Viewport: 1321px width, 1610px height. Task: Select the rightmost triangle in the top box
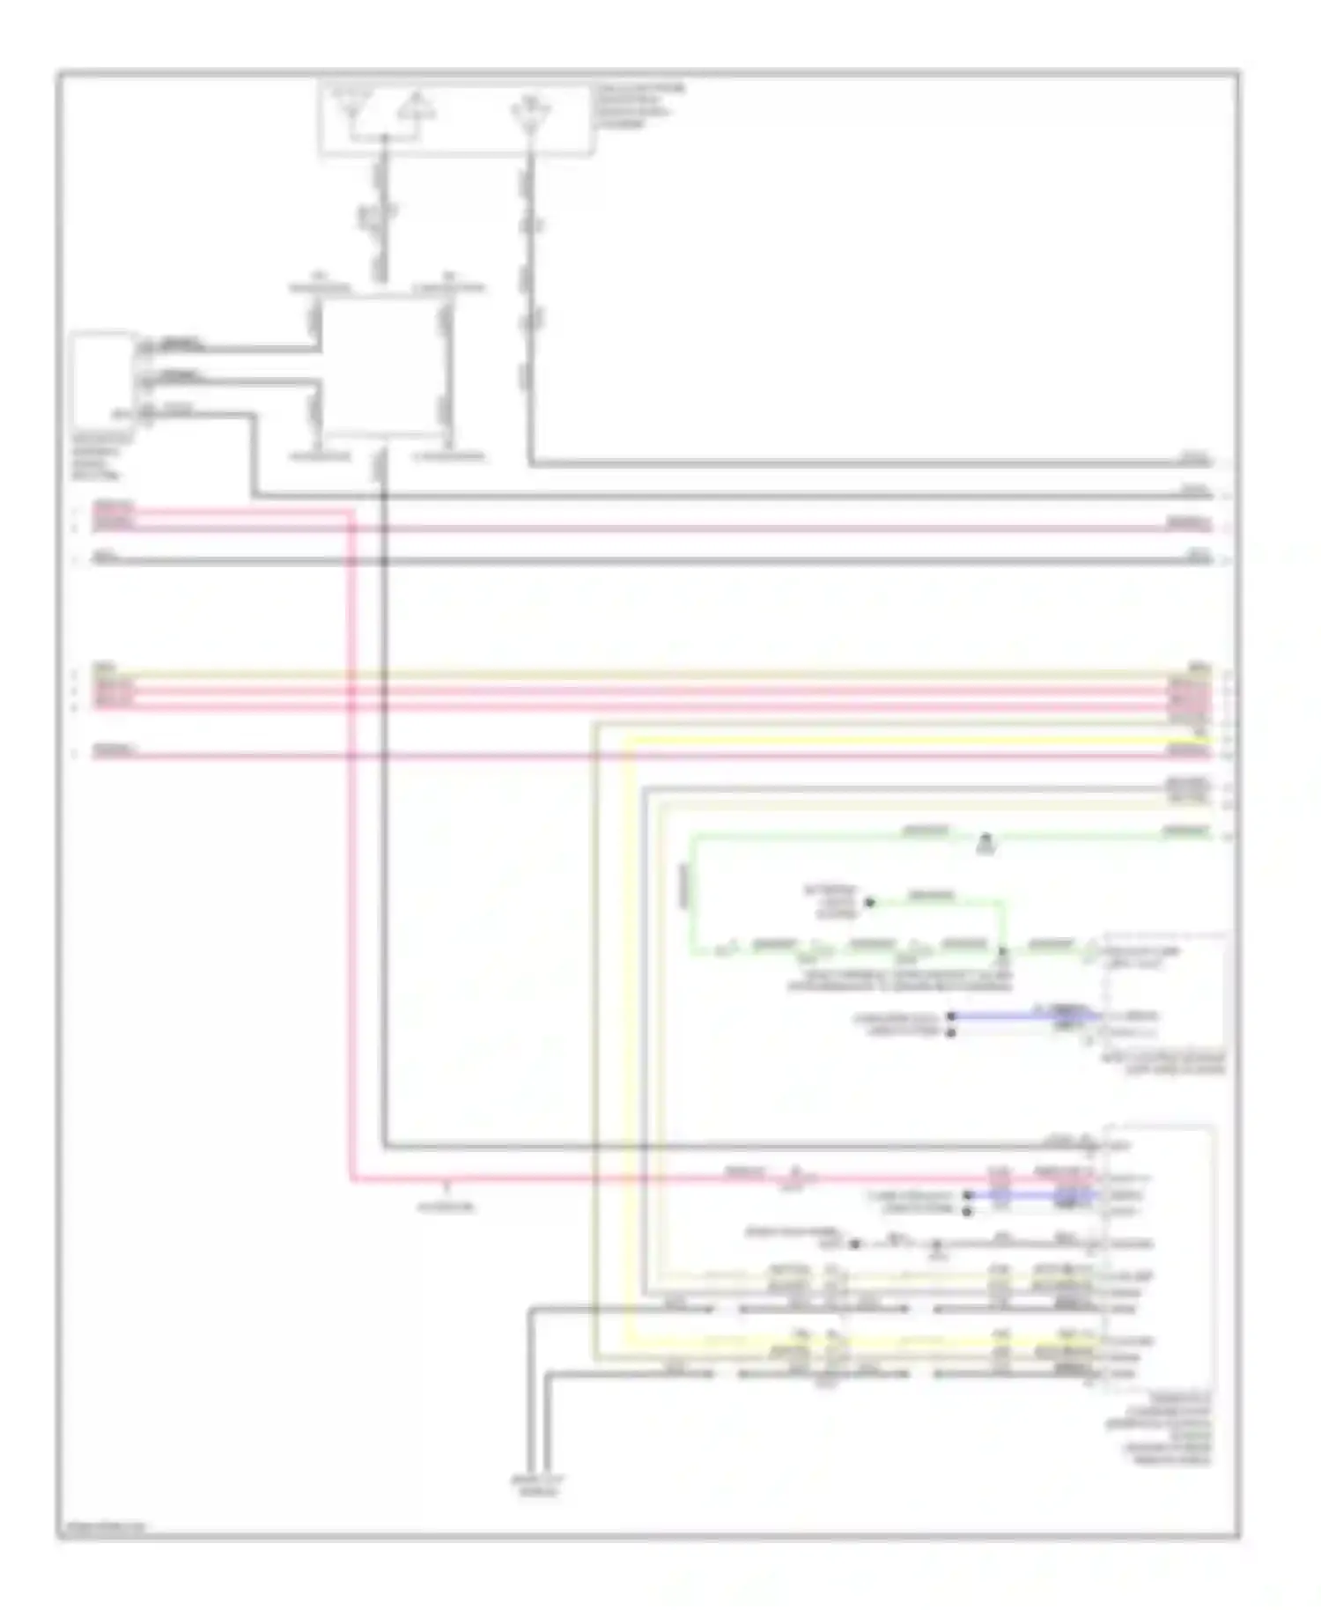pyautogui.click(x=530, y=114)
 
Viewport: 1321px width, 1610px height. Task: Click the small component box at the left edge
pyautogui.click(x=103, y=380)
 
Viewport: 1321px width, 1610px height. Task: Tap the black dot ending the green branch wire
pyautogui.click(x=869, y=903)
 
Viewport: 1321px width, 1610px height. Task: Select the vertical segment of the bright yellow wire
pyautogui.click(x=627, y=1039)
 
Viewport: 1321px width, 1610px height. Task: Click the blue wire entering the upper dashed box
pyautogui.click(x=1022, y=1015)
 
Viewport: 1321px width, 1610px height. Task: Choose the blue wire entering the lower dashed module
pyautogui.click(x=1030, y=1195)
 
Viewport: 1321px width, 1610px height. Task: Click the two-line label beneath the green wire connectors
pyautogui.click(x=898, y=982)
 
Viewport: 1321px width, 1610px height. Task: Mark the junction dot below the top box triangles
pyautogui.click(x=384, y=137)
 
